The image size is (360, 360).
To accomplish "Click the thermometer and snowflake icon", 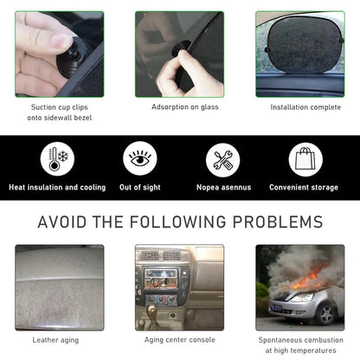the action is pos(57,159).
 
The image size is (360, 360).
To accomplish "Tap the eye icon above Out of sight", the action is pos(140,158).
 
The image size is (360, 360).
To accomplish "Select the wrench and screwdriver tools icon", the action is pos(222,160).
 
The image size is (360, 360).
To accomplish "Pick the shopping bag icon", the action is pos(305,159).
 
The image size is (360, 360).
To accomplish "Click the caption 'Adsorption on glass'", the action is pos(185,107).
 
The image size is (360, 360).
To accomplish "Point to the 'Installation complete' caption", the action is pos(305,107).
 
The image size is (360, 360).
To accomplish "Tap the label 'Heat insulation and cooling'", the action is pos(57,188).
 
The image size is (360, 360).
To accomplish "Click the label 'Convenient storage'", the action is pos(304,188).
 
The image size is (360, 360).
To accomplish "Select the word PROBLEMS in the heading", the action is pos(278,222).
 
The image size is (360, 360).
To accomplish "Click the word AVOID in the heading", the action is pos(62,222).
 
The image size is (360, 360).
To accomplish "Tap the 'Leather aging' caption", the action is pos(55,340).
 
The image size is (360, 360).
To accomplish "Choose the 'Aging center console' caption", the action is pos(180,340).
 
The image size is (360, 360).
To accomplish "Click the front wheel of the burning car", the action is pos(326,314).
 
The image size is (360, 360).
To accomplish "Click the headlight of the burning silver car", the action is pos(302,298).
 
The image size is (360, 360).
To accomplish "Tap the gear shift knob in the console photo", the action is pos(151,311).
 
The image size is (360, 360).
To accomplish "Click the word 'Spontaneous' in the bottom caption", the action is pos(279,340).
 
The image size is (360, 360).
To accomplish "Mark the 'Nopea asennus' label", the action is pos(224,188).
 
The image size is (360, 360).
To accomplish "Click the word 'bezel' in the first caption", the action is pos(83,118).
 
